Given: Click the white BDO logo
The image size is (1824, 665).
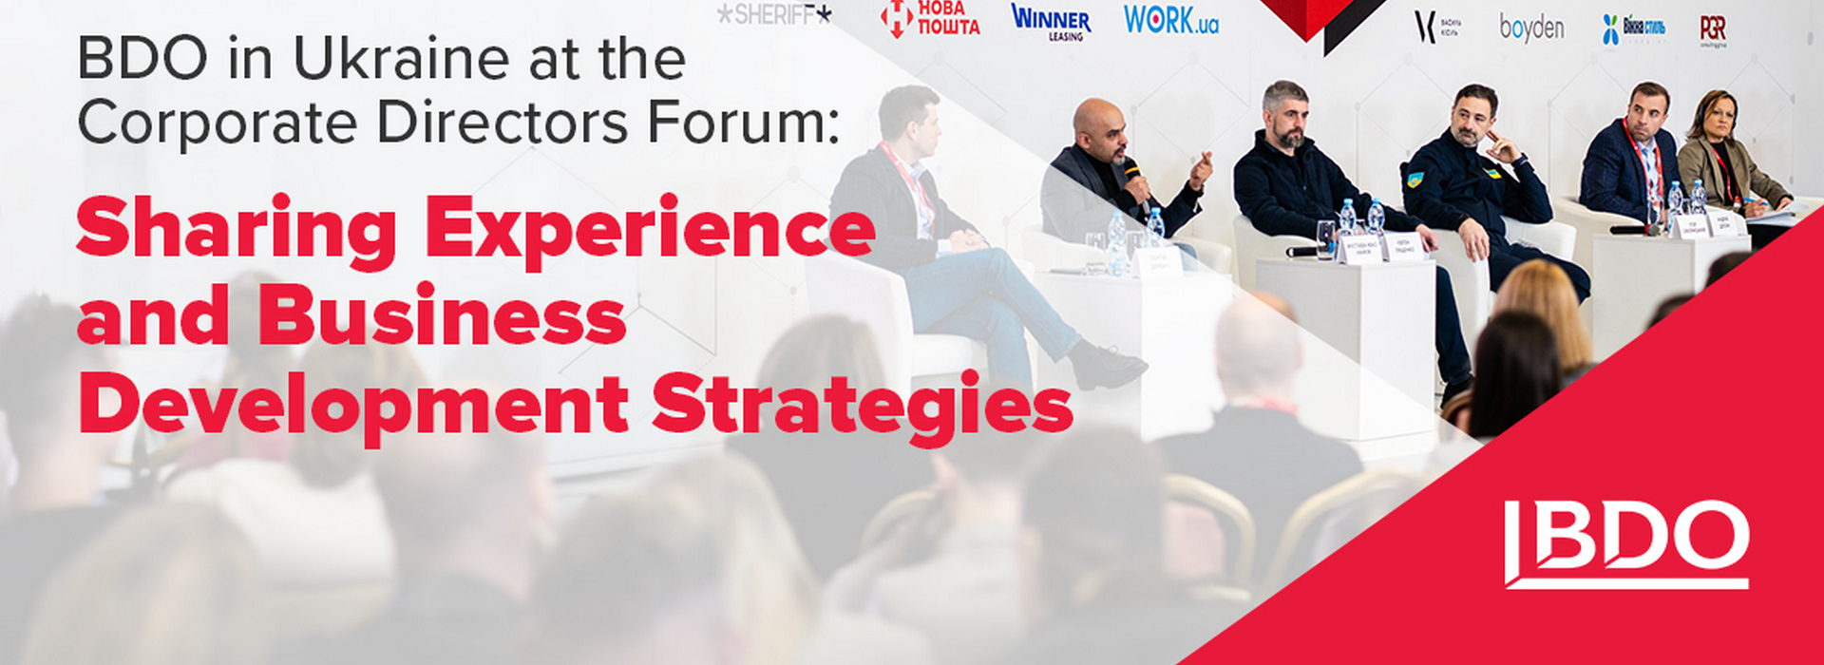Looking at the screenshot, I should coord(1626,544).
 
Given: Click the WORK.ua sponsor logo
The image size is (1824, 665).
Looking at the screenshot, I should coord(1170,20).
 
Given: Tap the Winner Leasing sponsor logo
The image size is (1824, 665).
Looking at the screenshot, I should coord(1051,22).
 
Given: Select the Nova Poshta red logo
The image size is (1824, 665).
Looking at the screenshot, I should coord(931,18).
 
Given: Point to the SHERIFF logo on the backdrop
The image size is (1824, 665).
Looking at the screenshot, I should coord(773,14).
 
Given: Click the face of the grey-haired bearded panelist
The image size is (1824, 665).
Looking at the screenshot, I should coord(1287,116).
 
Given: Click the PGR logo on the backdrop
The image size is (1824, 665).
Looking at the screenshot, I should coord(1713,28).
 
